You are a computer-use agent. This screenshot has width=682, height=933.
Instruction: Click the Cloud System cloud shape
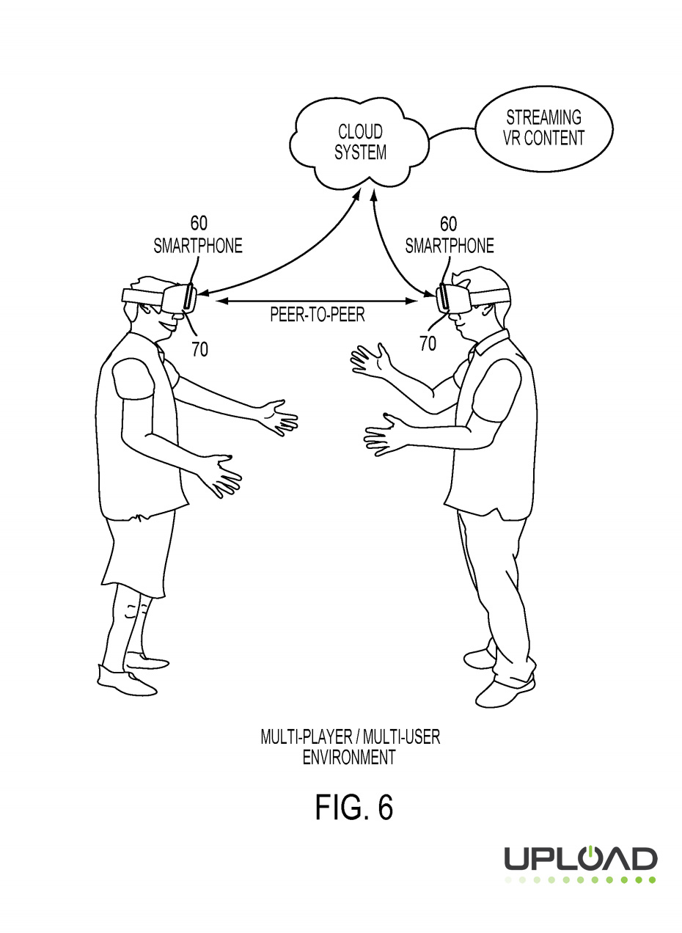(x=359, y=143)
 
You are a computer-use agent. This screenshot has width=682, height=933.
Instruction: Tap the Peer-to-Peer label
(x=317, y=315)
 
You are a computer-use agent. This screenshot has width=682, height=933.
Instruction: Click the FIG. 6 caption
(x=354, y=807)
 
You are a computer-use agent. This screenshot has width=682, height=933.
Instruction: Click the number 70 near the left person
(x=199, y=349)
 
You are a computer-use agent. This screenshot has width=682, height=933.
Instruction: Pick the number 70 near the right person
(x=428, y=343)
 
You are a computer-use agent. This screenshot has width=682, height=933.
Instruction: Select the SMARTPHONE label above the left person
(x=197, y=246)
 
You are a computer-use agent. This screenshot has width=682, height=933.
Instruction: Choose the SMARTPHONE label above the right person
(x=450, y=246)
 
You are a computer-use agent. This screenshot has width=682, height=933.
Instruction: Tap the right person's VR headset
(x=455, y=296)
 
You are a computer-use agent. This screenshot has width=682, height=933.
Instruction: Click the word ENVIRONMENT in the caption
(x=349, y=758)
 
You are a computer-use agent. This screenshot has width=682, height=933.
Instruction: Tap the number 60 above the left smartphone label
(x=198, y=224)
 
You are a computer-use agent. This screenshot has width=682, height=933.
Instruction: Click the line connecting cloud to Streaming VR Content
(x=452, y=132)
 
